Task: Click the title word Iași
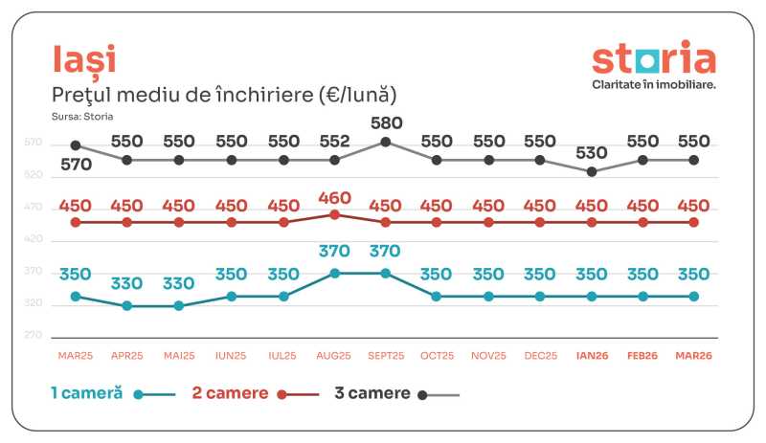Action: tap(84, 59)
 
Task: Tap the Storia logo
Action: tap(653, 58)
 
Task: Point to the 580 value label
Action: tap(386, 122)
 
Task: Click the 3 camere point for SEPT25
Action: tap(386, 142)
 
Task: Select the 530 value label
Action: tap(592, 152)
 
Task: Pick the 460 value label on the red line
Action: tap(334, 198)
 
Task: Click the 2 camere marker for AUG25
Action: tap(334, 214)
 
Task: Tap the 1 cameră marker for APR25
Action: tap(127, 306)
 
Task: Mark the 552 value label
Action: tap(334, 141)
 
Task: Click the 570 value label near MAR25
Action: tap(76, 164)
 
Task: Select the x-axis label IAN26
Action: tap(592, 356)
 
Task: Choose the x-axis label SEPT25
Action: tap(386, 356)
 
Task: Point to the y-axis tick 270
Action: tap(34, 336)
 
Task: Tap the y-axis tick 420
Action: tap(34, 239)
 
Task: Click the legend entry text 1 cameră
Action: tap(86, 393)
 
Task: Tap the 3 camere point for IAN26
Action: tap(592, 171)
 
